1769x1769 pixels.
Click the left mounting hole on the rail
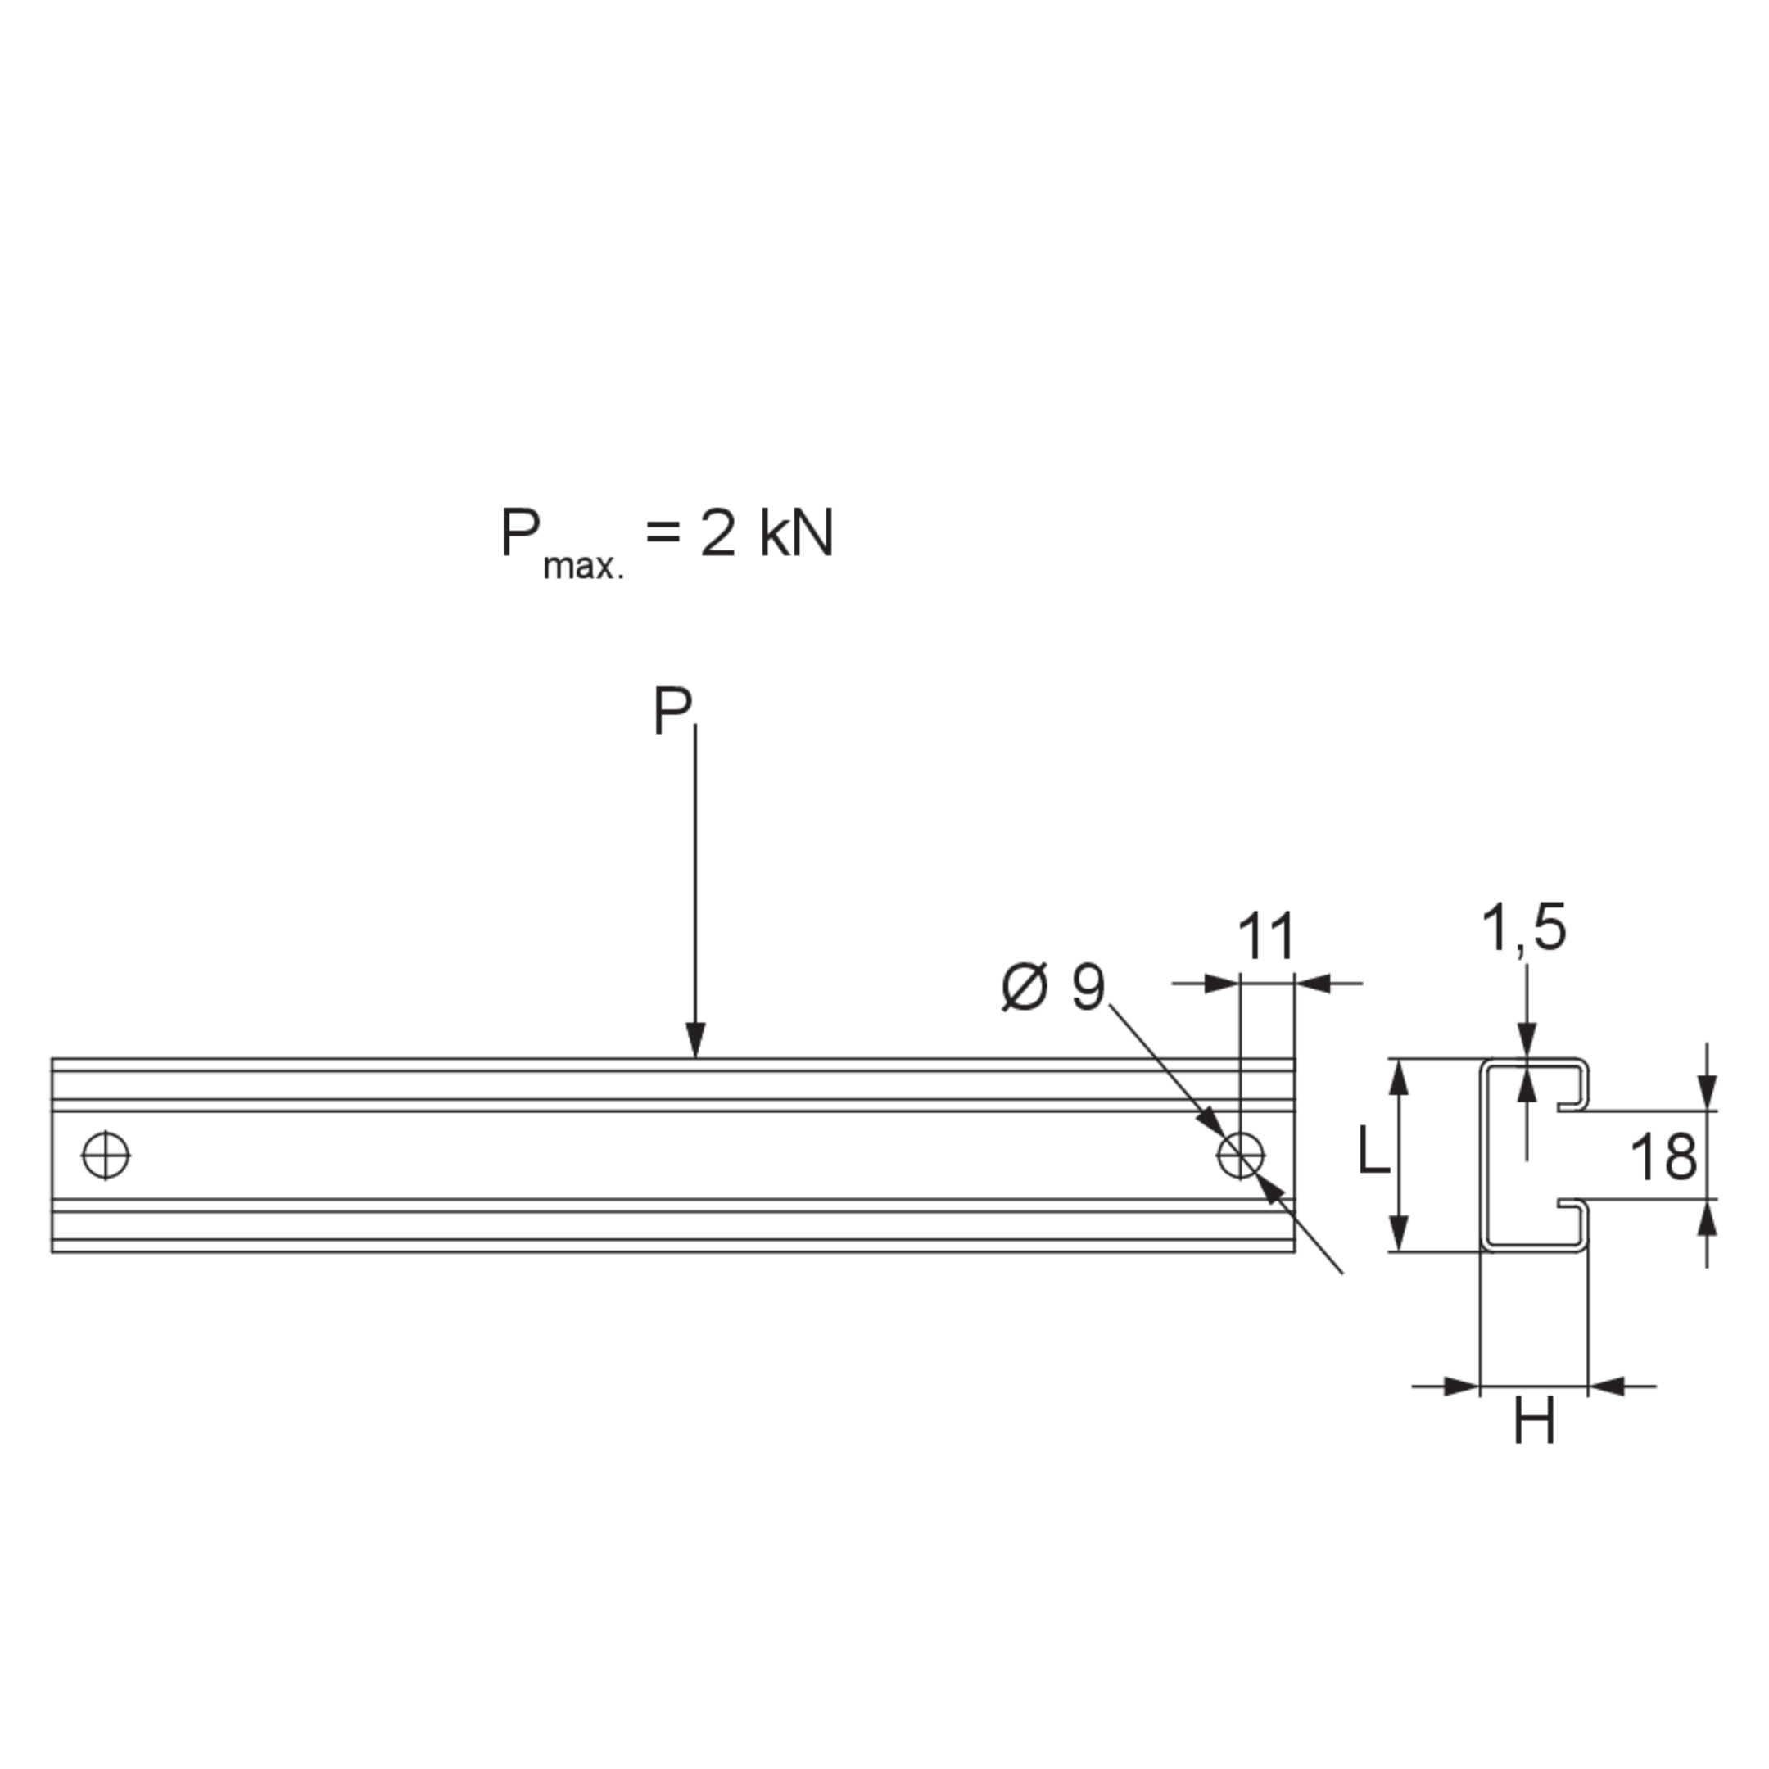point(106,1156)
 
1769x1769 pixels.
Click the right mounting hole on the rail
point(1241,1156)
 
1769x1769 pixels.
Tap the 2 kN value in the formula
point(767,534)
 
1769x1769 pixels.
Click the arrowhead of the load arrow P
point(695,1040)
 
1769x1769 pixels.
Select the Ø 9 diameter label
point(1054,988)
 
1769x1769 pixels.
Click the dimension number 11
point(1266,936)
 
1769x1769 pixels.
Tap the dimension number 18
point(1663,1156)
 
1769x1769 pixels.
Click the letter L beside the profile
point(1373,1150)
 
